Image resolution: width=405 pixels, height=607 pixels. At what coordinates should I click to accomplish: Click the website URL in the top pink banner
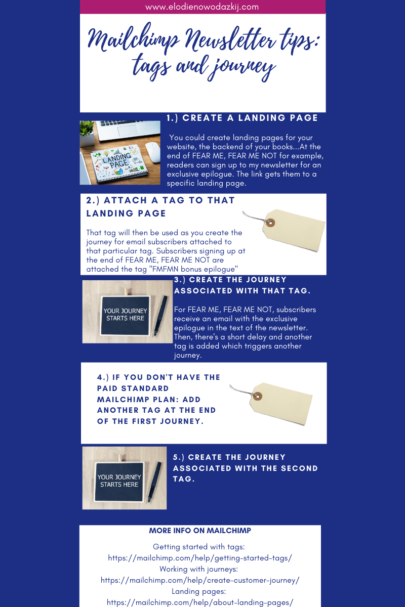[202, 7]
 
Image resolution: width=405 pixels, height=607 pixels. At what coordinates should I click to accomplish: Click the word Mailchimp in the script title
[134, 38]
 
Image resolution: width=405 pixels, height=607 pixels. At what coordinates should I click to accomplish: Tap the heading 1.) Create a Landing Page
[242, 118]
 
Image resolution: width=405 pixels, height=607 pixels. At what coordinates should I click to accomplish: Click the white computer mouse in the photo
[153, 152]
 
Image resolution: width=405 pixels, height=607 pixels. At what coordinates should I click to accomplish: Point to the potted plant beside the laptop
[87, 133]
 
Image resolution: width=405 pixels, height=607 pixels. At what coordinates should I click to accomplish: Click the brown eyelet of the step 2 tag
[270, 223]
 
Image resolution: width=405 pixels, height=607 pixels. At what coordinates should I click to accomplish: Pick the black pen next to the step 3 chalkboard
[161, 316]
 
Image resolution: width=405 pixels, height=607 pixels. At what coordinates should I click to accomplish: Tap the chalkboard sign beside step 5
[119, 482]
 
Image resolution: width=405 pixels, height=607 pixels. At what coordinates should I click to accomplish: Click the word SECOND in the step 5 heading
[299, 468]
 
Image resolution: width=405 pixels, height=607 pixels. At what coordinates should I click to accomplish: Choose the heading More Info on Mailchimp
[200, 530]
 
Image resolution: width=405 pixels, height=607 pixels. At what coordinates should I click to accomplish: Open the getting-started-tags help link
[200, 558]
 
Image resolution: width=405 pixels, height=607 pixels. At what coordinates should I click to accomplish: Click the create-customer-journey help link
[200, 580]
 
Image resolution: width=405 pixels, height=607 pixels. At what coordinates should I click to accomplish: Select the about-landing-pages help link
[200, 602]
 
